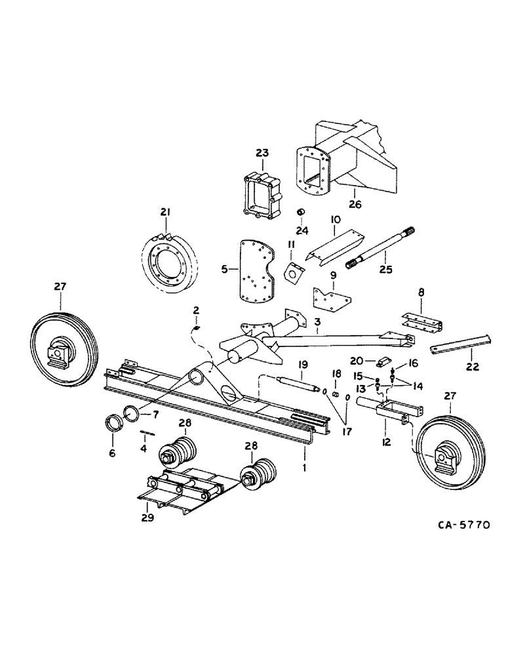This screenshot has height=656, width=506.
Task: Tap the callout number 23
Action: click(262, 153)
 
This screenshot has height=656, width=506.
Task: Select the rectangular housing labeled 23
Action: click(262, 194)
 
